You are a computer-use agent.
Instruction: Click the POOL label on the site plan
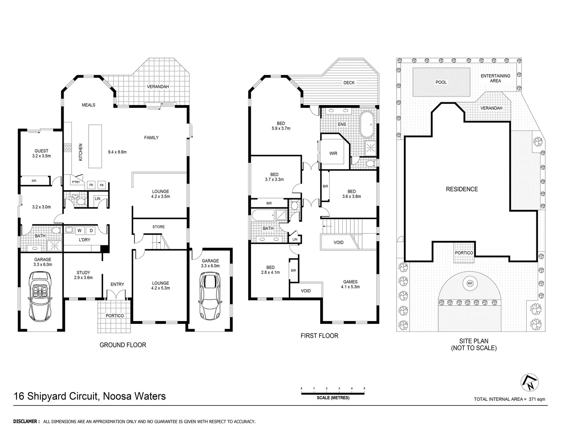441,82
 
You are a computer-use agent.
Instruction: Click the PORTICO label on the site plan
464,253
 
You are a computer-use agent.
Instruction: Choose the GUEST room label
41,151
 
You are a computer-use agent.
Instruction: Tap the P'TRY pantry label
76,182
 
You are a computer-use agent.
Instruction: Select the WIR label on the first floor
333,153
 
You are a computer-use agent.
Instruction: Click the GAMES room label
350,282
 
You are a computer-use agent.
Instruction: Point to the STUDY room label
83,273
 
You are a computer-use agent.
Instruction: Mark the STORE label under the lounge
158,227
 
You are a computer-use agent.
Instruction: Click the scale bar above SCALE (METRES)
333,393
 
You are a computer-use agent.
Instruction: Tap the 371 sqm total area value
538,399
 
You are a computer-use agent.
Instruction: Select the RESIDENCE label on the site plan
462,189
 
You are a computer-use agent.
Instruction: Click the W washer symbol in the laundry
79,230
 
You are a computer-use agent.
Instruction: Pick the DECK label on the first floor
349,83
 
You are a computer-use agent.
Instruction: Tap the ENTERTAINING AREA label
495,78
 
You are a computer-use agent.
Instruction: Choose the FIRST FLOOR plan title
319,336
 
